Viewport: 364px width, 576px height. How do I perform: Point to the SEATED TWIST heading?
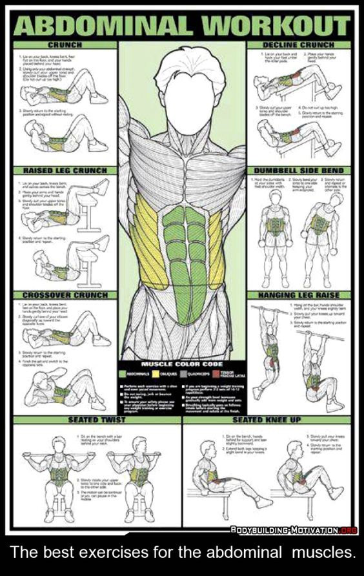pyautogui.click(x=96, y=420)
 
